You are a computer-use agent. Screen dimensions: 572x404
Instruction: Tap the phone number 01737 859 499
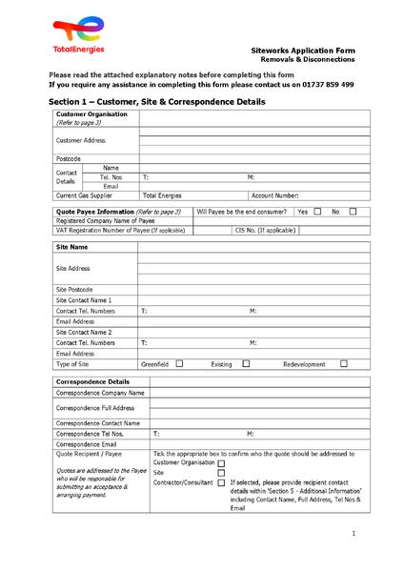(325, 84)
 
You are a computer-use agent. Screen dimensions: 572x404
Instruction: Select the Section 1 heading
(157, 102)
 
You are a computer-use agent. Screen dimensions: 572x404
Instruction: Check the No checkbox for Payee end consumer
(353, 211)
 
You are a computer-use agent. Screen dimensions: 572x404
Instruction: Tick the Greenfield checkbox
(178, 363)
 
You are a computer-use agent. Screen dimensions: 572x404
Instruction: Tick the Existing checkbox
(246, 363)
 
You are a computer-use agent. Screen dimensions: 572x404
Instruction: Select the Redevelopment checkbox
(344, 363)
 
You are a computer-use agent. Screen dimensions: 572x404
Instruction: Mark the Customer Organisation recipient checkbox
(221, 462)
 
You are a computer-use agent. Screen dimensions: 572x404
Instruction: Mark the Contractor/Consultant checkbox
(221, 482)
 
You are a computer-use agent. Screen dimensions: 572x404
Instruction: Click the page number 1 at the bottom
(353, 533)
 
